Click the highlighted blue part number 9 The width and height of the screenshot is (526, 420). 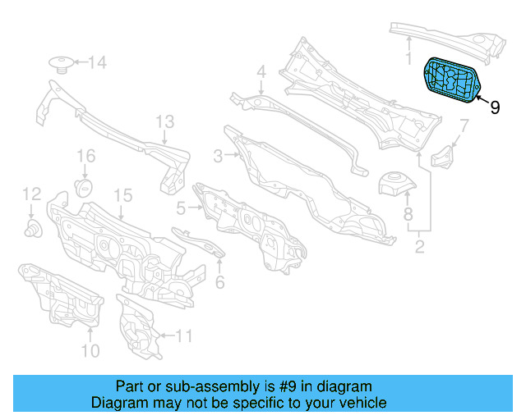click(x=452, y=79)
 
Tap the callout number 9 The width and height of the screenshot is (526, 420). click(x=495, y=107)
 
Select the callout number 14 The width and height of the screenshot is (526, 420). click(x=97, y=62)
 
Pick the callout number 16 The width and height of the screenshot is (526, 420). click(x=86, y=156)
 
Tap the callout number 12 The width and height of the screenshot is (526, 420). click(x=31, y=194)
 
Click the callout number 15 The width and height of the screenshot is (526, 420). click(x=122, y=195)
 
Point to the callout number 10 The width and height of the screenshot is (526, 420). click(x=90, y=351)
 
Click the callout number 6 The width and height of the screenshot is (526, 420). click(x=219, y=283)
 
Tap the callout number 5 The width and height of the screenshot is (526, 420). click(x=180, y=209)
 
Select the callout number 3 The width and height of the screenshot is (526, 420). click(x=218, y=156)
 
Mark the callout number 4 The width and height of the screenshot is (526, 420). click(x=261, y=72)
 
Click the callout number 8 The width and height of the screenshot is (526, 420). click(x=408, y=215)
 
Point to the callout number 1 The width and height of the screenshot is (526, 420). click(x=408, y=57)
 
